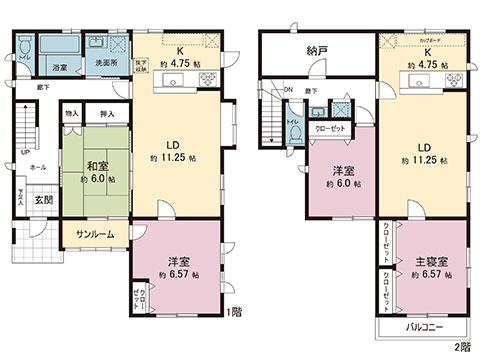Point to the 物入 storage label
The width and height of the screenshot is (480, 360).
72,115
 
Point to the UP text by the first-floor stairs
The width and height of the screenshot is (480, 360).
25,153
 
